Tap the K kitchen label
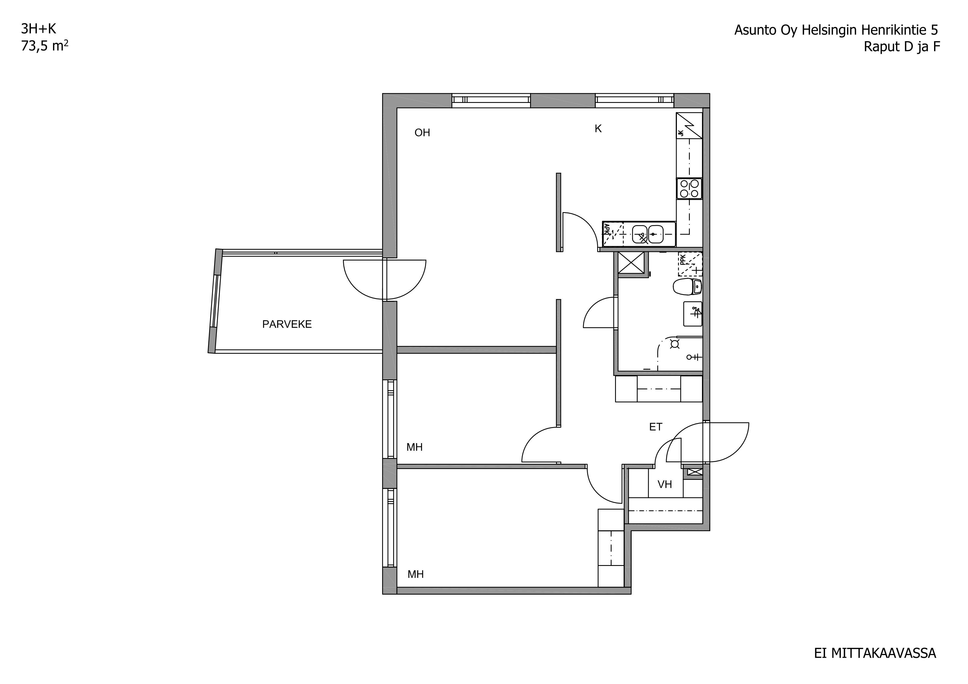coord(598,129)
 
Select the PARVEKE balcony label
coord(287,324)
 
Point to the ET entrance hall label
coord(656,427)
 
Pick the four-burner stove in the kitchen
coord(689,188)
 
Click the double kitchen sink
coord(648,234)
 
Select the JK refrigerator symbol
coord(689,125)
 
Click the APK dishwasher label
coord(607,229)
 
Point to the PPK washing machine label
coord(683,259)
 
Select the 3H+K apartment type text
coord(38,29)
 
